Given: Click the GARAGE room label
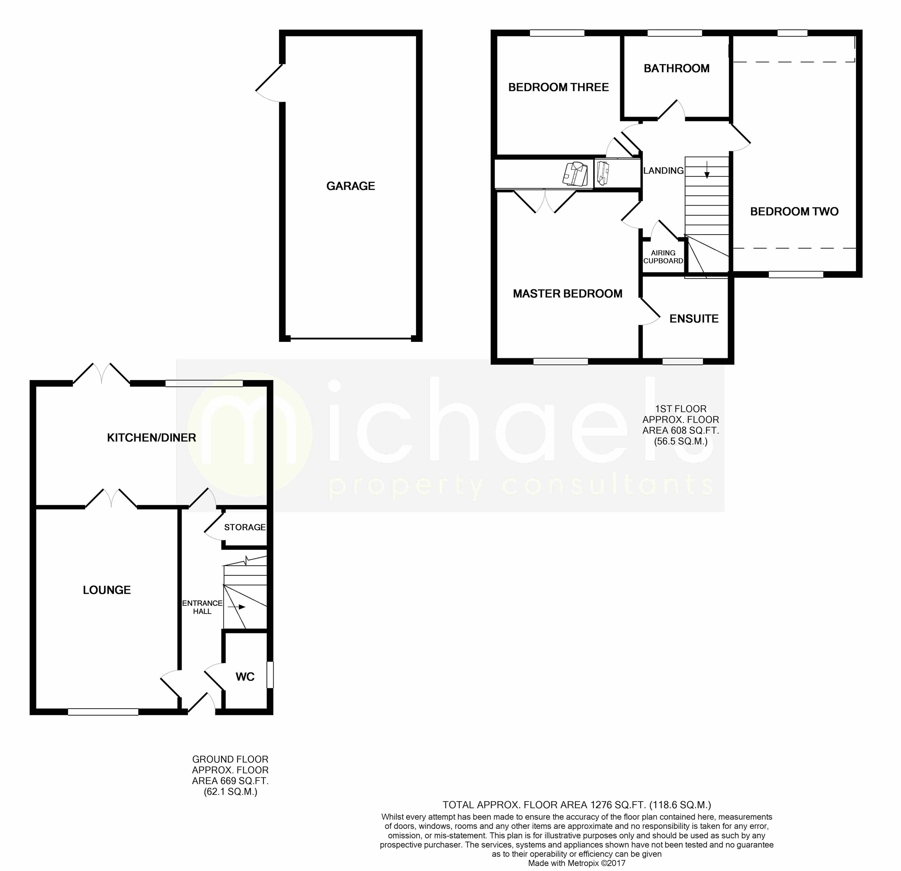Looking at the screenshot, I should tap(350, 186).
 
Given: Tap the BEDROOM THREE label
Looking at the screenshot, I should tap(558, 87).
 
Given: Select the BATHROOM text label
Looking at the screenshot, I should tap(676, 69).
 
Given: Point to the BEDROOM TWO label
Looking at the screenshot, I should tap(794, 211).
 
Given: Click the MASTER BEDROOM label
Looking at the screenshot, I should tap(567, 293).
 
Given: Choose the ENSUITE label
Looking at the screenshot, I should tap(694, 319).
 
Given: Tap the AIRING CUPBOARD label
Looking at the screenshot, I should tap(663, 257).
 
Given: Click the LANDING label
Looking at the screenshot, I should tap(663, 170).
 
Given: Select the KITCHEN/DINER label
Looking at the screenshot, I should tap(151, 438).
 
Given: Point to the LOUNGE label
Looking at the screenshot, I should tap(107, 590).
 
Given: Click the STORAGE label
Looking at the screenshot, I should tap(245, 527).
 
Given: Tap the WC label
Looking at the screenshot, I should tap(245, 677).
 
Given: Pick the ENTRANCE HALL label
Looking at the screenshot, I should tap(202, 607).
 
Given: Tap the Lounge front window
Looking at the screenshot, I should tap(103, 712).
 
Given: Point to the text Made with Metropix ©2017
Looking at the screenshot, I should tap(577, 863).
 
